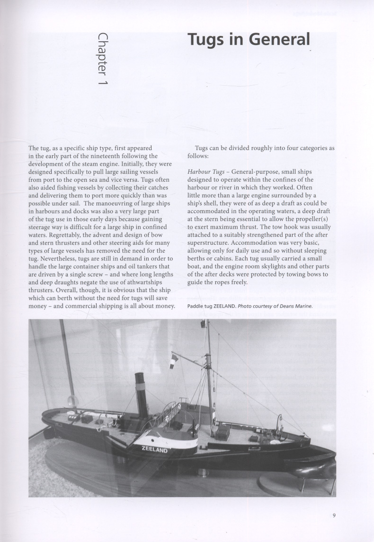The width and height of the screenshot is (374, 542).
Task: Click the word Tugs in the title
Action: pyautogui.click(x=210, y=40)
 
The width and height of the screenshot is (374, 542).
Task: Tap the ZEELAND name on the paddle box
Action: pyautogui.click(x=154, y=449)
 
